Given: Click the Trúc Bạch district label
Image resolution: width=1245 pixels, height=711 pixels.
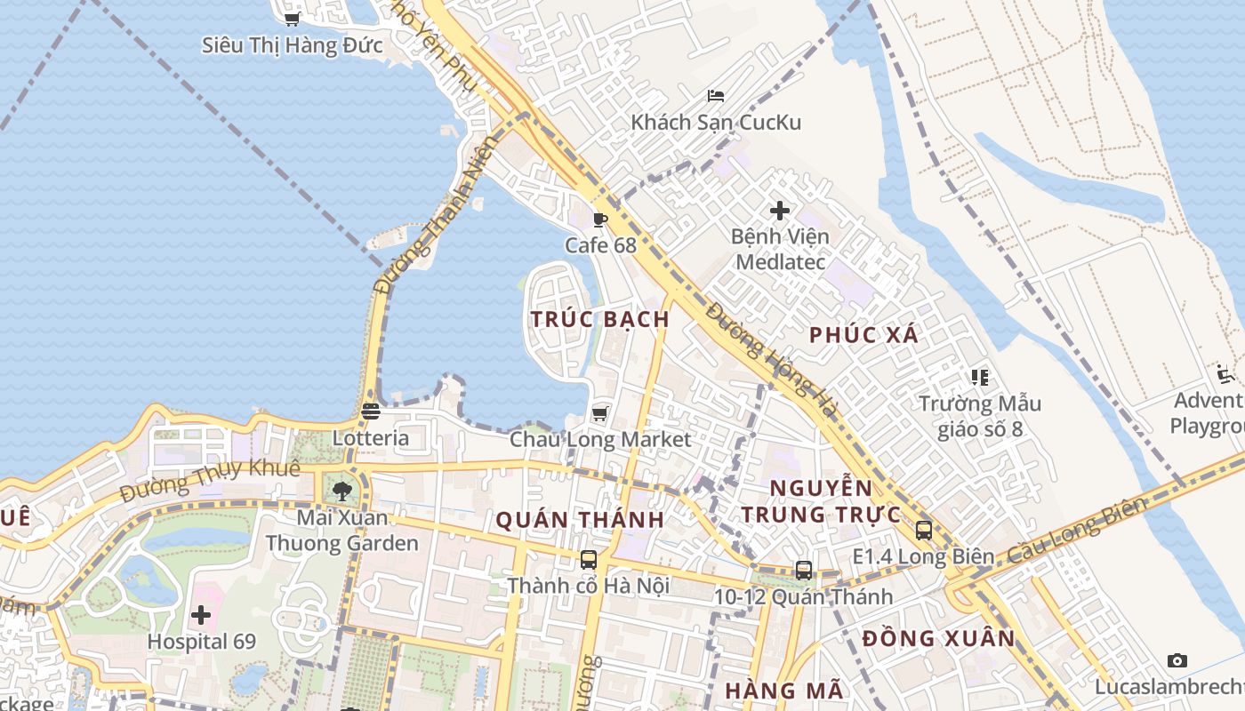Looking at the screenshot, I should (x=599, y=319).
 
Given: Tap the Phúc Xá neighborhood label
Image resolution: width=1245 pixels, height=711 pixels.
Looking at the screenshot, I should (x=863, y=335).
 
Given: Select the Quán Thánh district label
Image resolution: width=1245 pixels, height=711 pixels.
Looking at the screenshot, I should (x=580, y=520).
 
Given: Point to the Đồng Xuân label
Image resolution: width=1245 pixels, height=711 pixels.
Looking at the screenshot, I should (x=938, y=638).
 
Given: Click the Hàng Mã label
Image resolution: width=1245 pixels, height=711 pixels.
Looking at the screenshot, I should (x=783, y=690).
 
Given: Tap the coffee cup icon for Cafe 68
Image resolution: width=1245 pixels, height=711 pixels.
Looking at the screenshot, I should (x=600, y=220).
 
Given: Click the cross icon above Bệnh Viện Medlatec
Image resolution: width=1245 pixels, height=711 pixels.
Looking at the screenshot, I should (x=780, y=211).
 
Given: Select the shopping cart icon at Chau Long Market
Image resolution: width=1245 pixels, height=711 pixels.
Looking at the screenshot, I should (x=600, y=413).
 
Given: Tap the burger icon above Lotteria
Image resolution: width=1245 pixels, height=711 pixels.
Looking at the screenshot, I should (x=371, y=411).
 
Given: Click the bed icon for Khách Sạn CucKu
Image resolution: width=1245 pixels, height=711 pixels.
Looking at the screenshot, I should (x=716, y=96).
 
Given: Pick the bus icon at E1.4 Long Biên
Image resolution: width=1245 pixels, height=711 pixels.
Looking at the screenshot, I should (x=924, y=531).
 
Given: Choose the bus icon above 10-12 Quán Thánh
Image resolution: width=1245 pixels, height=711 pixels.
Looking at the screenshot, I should (x=804, y=571).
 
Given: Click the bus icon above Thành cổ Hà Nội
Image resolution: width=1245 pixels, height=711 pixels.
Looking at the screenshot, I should (x=589, y=559).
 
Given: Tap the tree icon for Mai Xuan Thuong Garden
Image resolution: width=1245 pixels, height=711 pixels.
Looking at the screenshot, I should (x=342, y=491).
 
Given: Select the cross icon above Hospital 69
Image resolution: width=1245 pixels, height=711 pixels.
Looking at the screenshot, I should (x=201, y=614).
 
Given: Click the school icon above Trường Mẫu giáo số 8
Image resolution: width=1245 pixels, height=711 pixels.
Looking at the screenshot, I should (x=980, y=377).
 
